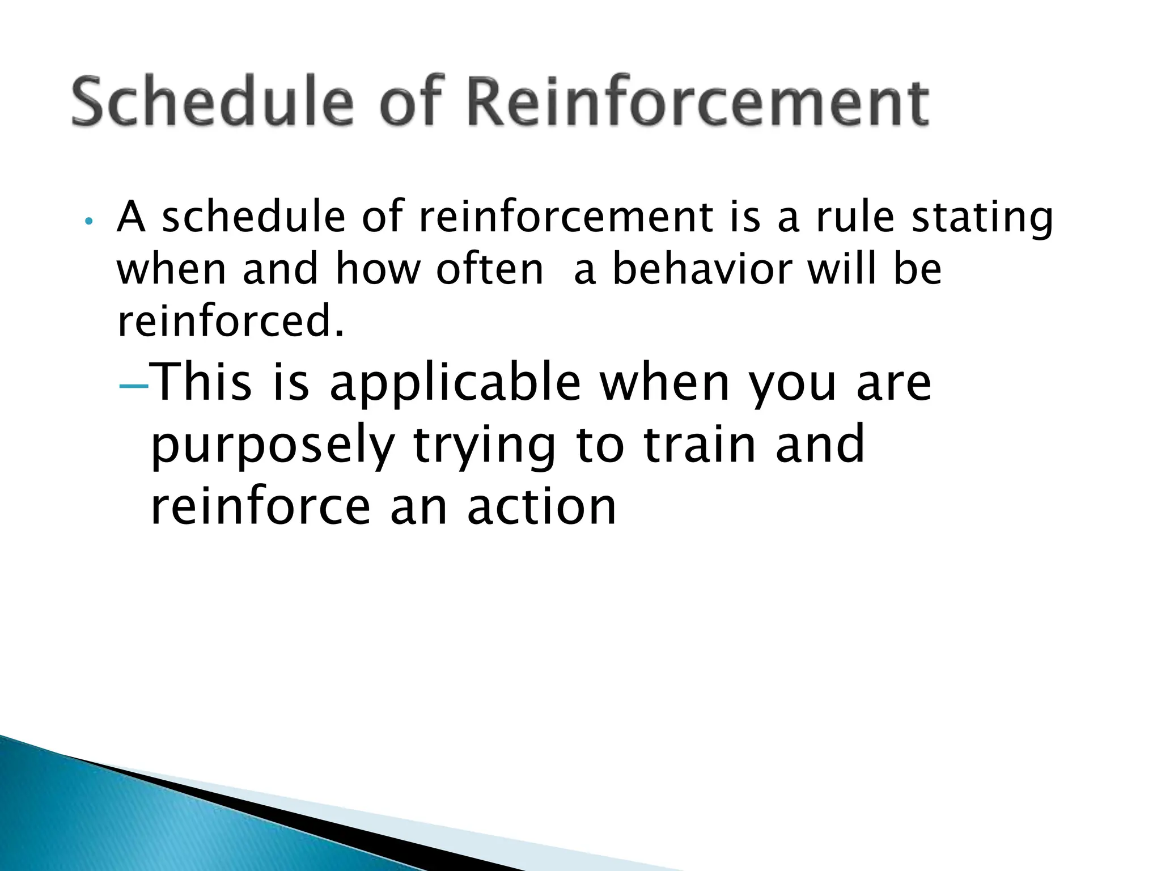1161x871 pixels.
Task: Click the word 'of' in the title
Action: [x=410, y=102]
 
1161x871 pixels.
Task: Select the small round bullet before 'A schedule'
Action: [x=87, y=221]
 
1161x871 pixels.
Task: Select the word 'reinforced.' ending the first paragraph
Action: [x=230, y=321]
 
